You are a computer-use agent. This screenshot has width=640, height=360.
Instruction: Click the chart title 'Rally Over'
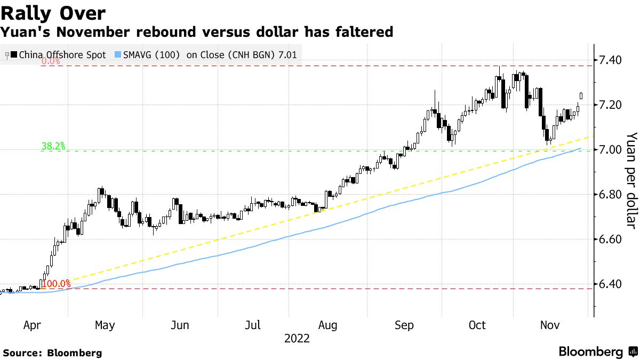53,13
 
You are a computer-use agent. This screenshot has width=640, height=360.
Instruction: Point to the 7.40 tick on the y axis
610,59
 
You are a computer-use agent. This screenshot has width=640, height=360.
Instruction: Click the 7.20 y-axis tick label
610,105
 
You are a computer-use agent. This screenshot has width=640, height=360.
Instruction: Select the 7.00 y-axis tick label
610,149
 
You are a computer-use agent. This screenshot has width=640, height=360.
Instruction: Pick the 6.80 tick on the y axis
610,194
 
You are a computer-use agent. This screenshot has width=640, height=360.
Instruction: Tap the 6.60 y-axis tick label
610,239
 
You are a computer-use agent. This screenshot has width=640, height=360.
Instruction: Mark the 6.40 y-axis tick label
610,284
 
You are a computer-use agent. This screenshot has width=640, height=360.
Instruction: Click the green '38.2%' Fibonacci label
53,146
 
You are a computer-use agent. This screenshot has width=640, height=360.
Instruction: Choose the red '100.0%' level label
56,284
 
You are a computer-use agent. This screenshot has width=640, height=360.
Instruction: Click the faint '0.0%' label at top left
51,61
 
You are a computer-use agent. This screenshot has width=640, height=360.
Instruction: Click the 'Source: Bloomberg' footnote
52,353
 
